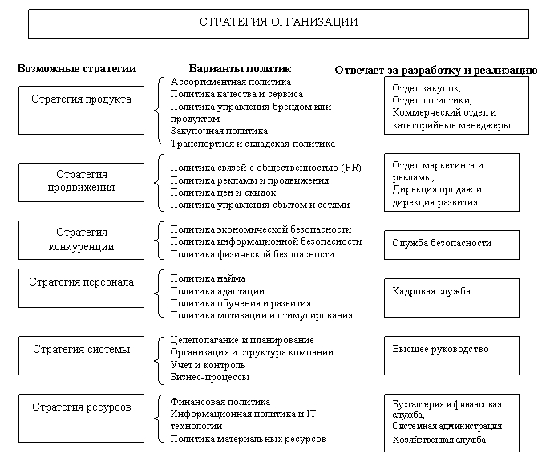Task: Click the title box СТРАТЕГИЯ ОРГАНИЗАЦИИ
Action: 278,22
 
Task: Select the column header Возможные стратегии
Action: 77,69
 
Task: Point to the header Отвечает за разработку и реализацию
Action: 435,71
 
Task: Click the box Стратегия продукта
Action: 81,110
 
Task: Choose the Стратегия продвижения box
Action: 81,181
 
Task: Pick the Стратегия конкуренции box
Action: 81,240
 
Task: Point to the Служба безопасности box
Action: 451,243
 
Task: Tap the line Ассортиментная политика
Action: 231,82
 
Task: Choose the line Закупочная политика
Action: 219,131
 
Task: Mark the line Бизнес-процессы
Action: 210,376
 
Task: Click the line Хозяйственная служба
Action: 439,440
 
